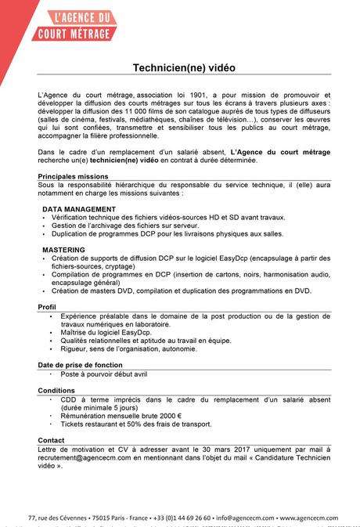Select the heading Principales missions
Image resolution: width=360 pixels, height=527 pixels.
73,176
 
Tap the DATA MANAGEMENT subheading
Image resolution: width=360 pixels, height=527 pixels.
79,209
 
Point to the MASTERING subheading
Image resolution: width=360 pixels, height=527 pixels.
64,249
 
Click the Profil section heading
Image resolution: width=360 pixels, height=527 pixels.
47,306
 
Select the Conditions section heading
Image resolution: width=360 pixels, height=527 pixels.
56,390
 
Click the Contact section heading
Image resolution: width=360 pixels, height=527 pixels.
51,440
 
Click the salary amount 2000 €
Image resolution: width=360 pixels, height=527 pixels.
165,415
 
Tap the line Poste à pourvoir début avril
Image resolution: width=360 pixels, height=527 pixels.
103,374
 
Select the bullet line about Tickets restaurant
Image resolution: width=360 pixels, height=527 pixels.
135,424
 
